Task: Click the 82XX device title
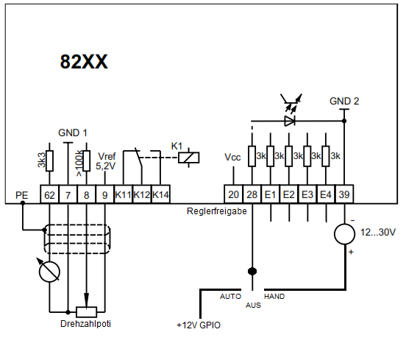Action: [x=84, y=62]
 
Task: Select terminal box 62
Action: [x=49, y=194]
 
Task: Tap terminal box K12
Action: [x=142, y=194]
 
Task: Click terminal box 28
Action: [x=252, y=194]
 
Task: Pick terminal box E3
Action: [x=307, y=194]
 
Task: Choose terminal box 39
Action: [x=344, y=194]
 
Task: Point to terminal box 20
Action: [x=233, y=194]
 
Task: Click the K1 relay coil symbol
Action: [x=189, y=158]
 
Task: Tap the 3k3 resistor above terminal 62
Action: [x=49, y=161]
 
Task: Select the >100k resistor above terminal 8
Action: [x=87, y=161]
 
